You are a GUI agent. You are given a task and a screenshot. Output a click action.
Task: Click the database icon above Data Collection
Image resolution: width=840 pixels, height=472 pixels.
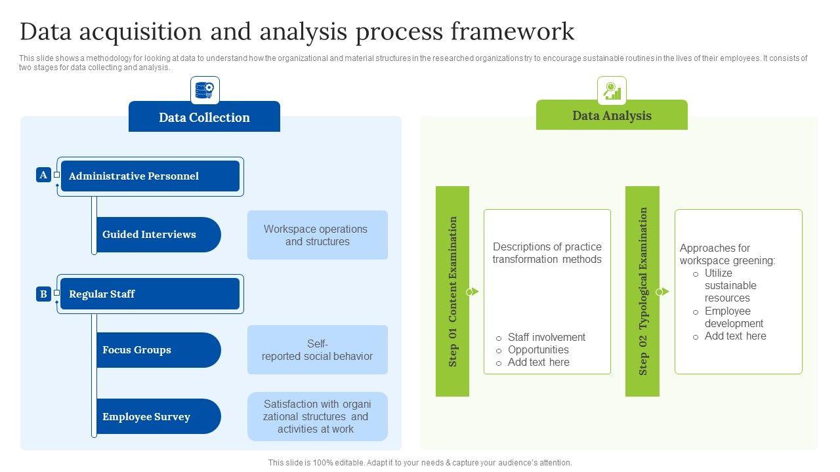pos(205,90)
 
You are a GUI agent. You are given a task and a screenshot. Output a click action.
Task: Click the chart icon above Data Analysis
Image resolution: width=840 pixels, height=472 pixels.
pos(612,90)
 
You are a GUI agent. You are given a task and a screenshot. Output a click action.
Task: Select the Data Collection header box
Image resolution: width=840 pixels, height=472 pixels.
pos(204,117)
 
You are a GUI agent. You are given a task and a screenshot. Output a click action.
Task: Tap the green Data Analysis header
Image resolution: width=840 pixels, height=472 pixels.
pos(612,115)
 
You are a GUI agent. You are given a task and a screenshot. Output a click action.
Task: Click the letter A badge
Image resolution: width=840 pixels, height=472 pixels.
pos(43,175)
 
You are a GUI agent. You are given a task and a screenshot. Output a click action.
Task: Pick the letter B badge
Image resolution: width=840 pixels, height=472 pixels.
pos(43,294)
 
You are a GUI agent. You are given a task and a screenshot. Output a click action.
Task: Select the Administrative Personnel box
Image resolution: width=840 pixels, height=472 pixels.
pos(150,176)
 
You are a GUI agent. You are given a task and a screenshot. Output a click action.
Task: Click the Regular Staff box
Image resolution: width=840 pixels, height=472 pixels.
pos(150,294)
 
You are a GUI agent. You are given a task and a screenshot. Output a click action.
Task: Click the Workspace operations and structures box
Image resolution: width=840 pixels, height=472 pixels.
pos(317,235)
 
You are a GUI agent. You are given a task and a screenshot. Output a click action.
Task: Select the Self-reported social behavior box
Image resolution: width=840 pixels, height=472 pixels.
pos(317,350)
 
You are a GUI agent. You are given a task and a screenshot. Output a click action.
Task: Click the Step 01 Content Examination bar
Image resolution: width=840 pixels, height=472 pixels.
pos(452,291)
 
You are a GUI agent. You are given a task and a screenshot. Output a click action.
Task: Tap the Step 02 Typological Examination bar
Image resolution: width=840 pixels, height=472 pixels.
pos(642,291)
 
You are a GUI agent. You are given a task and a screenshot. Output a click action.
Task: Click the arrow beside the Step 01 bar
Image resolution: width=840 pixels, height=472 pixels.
pos(473,292)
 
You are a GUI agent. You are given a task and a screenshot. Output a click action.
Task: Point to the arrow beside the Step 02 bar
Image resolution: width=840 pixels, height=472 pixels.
pos(663,292)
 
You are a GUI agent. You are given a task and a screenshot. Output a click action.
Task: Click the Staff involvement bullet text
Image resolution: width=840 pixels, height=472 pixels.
pos(547,337)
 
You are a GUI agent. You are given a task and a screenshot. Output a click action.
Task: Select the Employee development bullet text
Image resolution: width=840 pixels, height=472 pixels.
pos(734,317)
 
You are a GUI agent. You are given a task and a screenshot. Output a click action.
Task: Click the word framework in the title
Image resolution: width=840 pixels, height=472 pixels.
pos(513,31)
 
